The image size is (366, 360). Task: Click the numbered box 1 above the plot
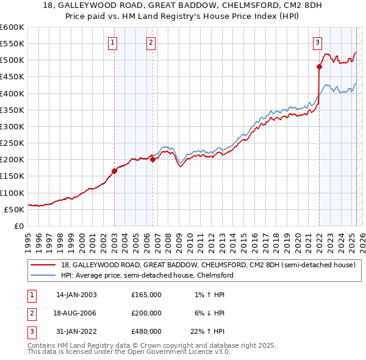pyautogui.click(x=114, y=42)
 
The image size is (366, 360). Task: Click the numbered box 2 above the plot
pyautogui.click(x=150, y=42)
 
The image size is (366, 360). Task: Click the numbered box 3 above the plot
pyautogui.click(x=318, y=42)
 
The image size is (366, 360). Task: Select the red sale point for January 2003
pyautogui.click(x=114, y=171)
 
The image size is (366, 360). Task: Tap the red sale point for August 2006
pyautogui.click(x=153, y=160)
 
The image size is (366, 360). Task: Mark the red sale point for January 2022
pyautogui.click(x=319, y=67)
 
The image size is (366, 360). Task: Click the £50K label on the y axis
pyautogui.click(x=14, y=209)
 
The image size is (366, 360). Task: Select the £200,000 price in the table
pyautogui.click(x=146, y=313)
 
